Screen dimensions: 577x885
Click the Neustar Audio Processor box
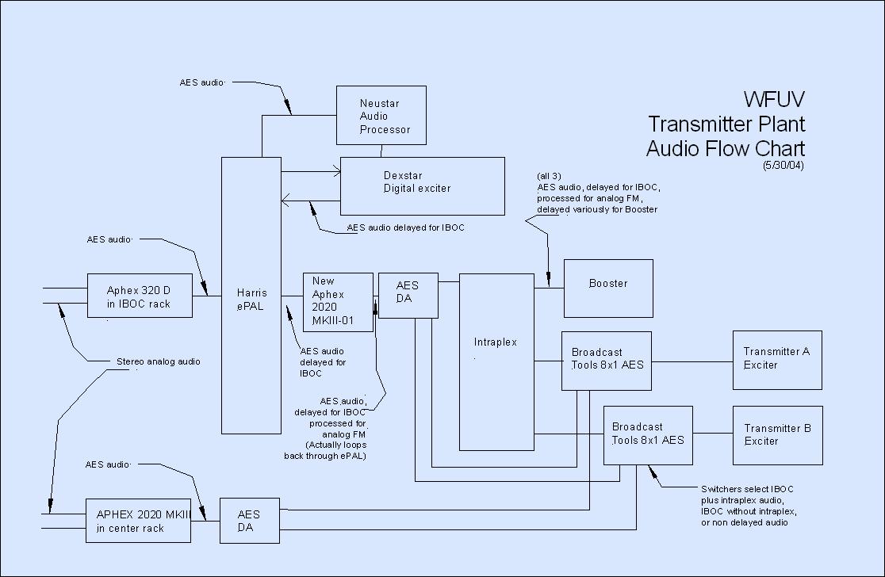click(381, 116)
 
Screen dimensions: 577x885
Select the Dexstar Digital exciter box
click(422, 185)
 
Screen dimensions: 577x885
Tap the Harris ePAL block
click(251, 295)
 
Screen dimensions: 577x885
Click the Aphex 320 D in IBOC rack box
click(140, 296)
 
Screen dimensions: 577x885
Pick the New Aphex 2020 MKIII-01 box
click(338, 302)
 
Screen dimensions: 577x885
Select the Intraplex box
click(496, 361)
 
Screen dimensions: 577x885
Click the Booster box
click(608, 288)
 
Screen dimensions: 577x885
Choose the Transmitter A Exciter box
click(776, 360)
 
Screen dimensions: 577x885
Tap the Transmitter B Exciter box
click(776, 435)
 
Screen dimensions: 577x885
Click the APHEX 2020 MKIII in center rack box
click(138, 521)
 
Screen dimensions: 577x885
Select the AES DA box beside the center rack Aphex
click(248, 521)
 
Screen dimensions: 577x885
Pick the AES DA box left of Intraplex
click(408, 295)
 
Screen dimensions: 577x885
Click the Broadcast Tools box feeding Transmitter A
click(607, 361)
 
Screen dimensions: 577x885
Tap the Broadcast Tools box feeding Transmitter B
click(648, 435)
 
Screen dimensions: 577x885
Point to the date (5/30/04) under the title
click(784, 166)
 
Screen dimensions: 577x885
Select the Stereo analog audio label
click(158, 361)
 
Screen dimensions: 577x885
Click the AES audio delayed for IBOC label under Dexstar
click(405, 228)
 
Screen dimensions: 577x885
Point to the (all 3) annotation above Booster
click(551, 175)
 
